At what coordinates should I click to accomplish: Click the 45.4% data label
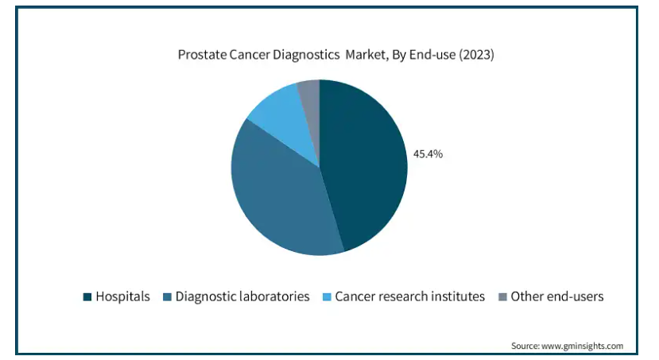click(x=428, y=154)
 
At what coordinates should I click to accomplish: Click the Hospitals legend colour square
click(x=87, y=297)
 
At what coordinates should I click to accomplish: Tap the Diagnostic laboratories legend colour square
click(x=167, y=297)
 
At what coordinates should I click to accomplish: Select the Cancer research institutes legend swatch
click(x=327, y=297)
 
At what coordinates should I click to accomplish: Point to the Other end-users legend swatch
click(x=502, y=297)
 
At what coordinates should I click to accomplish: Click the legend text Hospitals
click(x=122, y=296)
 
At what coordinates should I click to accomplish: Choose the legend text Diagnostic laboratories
click(x=242, y=296)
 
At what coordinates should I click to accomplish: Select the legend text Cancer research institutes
click(x=409, y=296)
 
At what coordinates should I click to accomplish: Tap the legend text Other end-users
click(x=557, y=296)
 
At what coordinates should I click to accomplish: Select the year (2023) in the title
click(x=476, y=55)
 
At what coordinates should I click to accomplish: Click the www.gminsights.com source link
click(x=582, y=346)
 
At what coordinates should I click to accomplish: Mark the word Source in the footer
click(x=525, y=346)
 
